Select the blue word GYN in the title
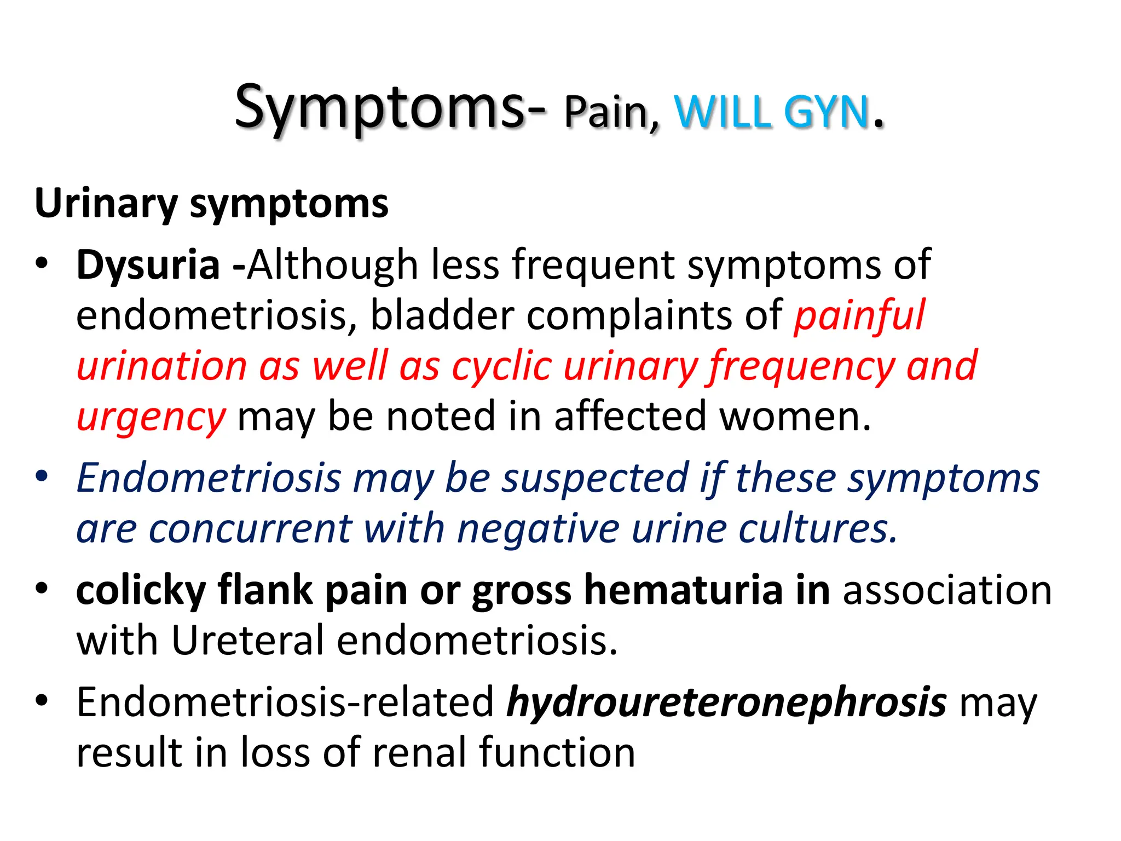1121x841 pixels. coord(827,112)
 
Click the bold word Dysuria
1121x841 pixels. coord(148,266)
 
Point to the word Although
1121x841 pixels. coord(332,266)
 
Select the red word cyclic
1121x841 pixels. coord(501,366)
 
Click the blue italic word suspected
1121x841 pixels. coord(595,478)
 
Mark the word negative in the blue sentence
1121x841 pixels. coord(538,529)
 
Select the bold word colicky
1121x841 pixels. coord(141,591)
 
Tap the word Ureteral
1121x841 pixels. coord(247,641)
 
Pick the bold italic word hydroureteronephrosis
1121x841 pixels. coord(726,703)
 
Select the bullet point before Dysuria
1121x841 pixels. coord(42,263)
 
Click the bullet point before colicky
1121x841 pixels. coord(42,589)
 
